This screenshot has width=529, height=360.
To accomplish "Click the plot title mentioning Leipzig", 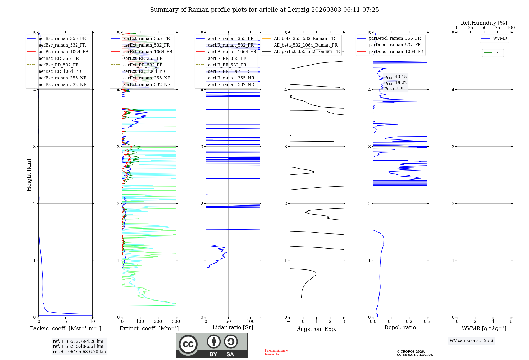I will pos(264,10).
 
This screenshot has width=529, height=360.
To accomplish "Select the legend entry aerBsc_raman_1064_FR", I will pos(63,52).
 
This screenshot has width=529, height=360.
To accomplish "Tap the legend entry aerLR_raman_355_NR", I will pos(231,78).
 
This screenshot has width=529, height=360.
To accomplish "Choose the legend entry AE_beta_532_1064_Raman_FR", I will pos(305,45).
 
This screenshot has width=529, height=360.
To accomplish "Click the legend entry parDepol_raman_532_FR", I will pos(395,45).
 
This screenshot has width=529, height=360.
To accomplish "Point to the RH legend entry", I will pos(498,53).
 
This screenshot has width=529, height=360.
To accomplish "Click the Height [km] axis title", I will pos(29,175).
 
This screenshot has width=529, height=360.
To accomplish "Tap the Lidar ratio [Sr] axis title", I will pos(233,327).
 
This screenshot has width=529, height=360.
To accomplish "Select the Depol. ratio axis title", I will pos(400,327).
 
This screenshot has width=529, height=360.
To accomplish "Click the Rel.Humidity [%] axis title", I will pos(484,23).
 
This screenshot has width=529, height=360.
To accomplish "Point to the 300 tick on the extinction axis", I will pos(176,322).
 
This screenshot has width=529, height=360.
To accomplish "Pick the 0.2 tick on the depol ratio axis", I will pos(409,322).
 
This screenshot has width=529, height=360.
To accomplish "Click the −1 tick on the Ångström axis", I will pos(289,322).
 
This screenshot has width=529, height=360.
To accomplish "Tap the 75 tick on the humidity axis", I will pos(497,28).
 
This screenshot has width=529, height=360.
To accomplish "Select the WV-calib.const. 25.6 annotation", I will pos(471,341).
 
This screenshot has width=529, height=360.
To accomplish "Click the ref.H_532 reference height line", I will pos(78,346).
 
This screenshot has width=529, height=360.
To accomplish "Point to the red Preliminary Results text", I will pos(276,352).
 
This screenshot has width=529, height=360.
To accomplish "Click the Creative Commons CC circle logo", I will pos(188,344).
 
